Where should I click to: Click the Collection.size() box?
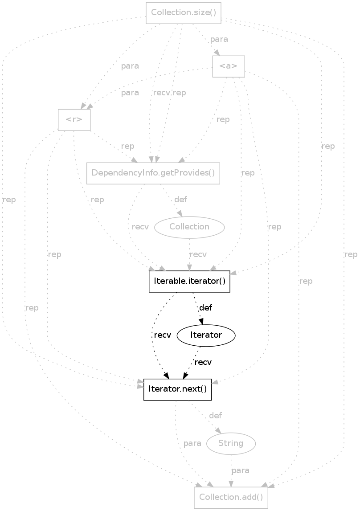(184, 12)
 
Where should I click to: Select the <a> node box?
(229, 66)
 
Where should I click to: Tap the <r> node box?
(74, 120)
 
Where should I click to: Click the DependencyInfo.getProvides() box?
(153, 173)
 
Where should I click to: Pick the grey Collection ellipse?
(189, 227)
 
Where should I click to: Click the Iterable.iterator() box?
(189, 281)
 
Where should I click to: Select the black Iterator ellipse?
(206, 335)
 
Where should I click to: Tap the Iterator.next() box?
(177, 389)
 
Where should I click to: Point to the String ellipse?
(231, 443)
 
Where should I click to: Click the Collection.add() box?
(231, 497)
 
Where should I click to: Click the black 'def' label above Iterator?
(205, 307)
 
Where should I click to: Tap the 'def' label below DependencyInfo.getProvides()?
(180, 199)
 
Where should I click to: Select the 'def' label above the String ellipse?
(215, 415)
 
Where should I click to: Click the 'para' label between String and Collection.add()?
(240, 470)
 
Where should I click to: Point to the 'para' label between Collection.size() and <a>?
(219, 39)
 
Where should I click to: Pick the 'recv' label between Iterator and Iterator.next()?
(203, 362)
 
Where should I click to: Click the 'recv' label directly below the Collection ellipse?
(198, 254)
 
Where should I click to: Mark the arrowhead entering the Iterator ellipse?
(201, 323)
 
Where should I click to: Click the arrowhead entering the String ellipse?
(219, 431)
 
